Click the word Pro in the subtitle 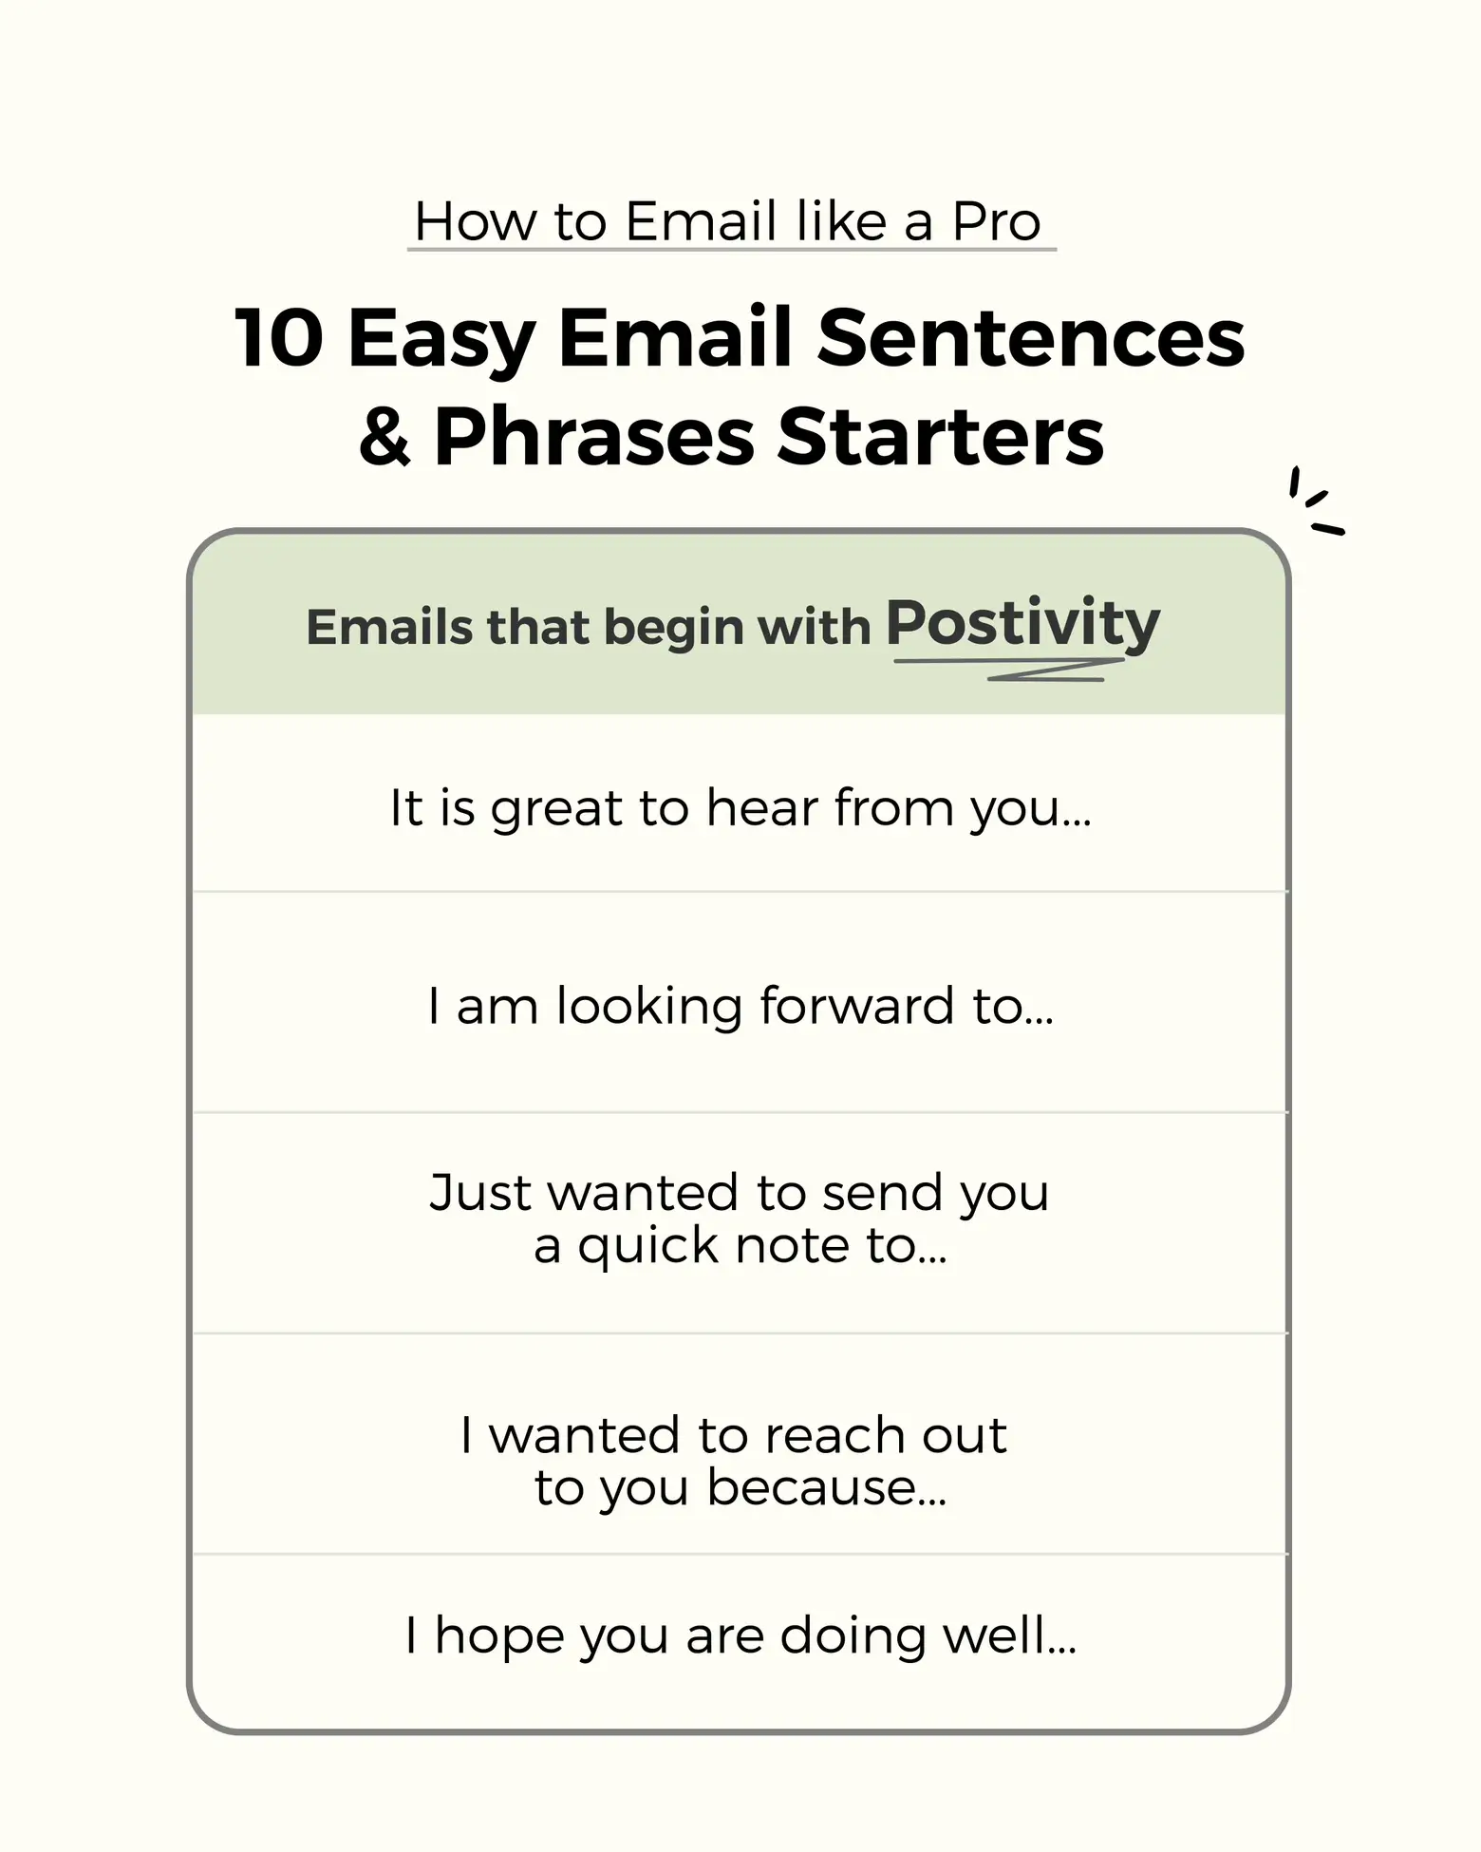(997, 221)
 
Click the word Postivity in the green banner (1023, 624)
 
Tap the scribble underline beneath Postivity (1009, 669)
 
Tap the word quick (648, 1246)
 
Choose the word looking (648, 1007)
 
